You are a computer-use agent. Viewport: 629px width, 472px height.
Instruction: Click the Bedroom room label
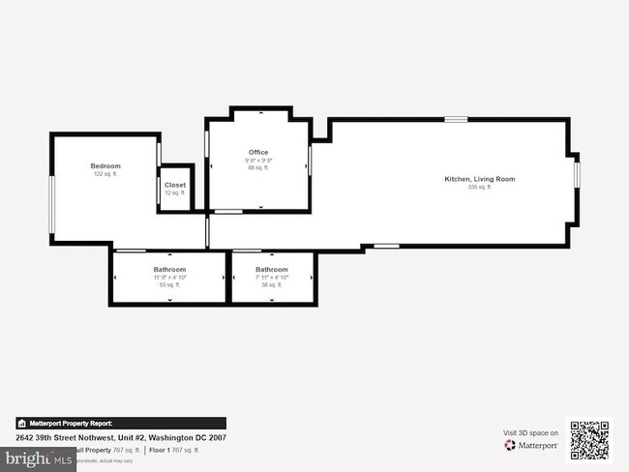tap(105, 166)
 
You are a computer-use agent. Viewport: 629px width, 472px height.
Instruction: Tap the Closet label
tap(175, 185)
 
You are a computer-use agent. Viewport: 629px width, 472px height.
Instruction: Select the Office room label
tap(258, 152)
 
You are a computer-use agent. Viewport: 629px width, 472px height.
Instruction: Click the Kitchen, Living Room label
tap(479, 179)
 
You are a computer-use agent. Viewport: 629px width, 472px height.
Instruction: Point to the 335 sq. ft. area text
tap(480, 187)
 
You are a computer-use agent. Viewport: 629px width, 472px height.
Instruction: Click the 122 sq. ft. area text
tap(105, 174)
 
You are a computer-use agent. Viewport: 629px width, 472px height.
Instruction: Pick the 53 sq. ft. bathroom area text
tap(169, 284)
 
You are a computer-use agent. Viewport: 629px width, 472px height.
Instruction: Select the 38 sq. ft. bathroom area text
tap(272, 284)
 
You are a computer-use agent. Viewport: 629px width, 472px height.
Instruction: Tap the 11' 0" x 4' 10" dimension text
tap(169, 277)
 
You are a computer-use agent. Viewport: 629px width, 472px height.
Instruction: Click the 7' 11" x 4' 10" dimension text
tap(272, 277)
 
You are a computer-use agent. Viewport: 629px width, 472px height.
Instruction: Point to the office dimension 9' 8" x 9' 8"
tap(258, 160)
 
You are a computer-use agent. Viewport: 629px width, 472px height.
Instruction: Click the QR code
tap(590, 440)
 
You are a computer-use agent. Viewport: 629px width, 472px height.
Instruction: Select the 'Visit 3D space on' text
tap(530, 433)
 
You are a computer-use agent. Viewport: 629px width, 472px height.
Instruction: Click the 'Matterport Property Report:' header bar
tap(121, 423)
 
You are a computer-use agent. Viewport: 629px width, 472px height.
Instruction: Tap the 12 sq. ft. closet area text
tap(175, 192)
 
